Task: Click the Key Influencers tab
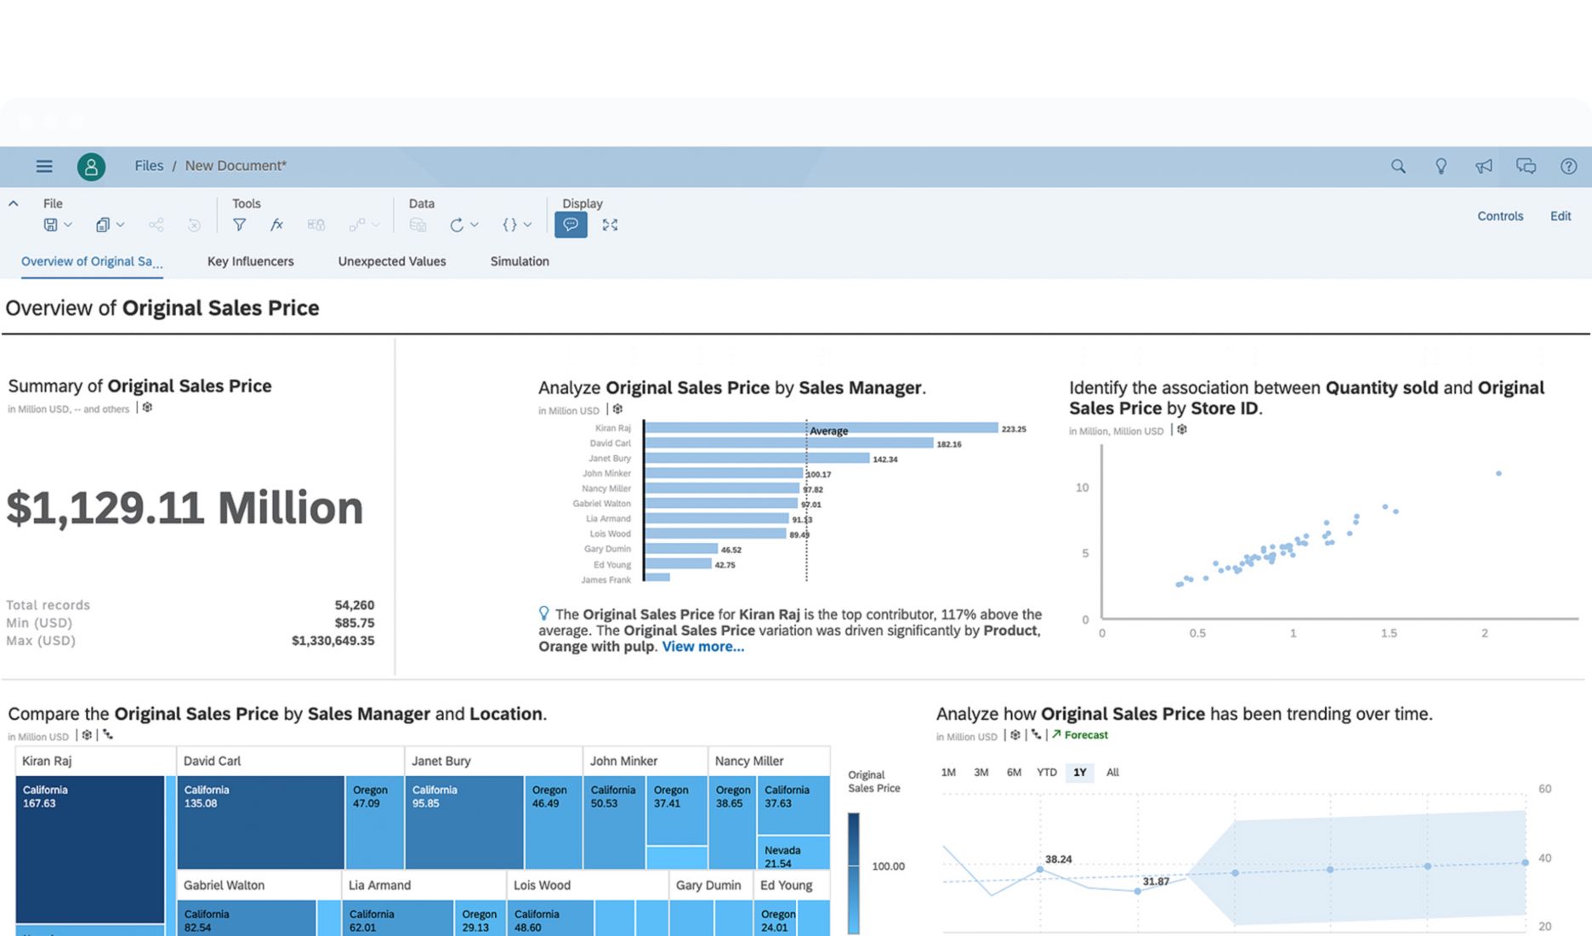[x=250, y=261]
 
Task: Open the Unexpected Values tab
[x=392, y=261]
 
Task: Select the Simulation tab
[x=520, y=261]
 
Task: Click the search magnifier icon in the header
[x=1398, y=167]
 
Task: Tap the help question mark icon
[x=1568, y=167]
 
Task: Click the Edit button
[x=1561, y=216]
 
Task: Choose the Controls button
[x=1500, y=216]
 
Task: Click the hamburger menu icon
[x=44, y=167]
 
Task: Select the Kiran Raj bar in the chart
[x=821, y=428]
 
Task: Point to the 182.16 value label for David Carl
[x=949, y=444]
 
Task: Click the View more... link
[x=703, y=647]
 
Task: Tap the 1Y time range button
[x=1079, y=773]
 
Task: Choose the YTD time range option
[x=1046, y=773]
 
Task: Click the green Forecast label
[x=1085, y=735]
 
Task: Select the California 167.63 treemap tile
[x=89, y=847]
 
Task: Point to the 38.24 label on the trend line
[x=1058, y=859]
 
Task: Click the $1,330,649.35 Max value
[x=333, y=641]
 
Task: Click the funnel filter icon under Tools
[x=240, y=225]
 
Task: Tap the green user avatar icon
[x=91, y=167]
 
